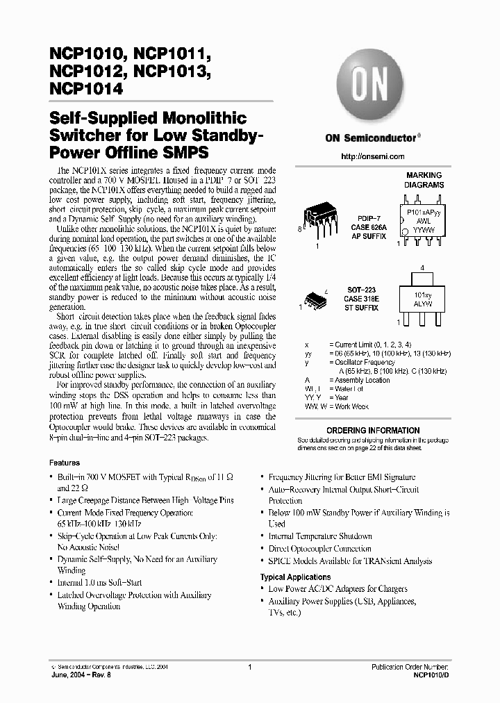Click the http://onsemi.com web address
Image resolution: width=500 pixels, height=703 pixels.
pos(372,156)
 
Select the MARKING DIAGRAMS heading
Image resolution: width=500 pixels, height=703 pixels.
pos(423,181)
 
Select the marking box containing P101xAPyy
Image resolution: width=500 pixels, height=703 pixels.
pos(423,221)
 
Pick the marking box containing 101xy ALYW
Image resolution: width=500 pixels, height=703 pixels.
pos(423,299)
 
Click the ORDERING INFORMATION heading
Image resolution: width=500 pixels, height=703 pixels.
pos(372,430)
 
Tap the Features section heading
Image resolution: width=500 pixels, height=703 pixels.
pos(65,463)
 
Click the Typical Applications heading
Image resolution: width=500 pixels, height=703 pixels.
pos(295,577)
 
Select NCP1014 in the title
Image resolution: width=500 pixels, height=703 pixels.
pos(87,89)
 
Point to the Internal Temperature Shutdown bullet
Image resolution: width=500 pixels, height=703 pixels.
pos(320,536)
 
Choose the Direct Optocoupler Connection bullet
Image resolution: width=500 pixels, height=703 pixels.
pos(319,549)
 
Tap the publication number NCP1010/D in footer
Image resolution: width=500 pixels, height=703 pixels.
pos(431,674)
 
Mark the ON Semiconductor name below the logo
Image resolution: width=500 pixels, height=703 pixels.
pos(369,138)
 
